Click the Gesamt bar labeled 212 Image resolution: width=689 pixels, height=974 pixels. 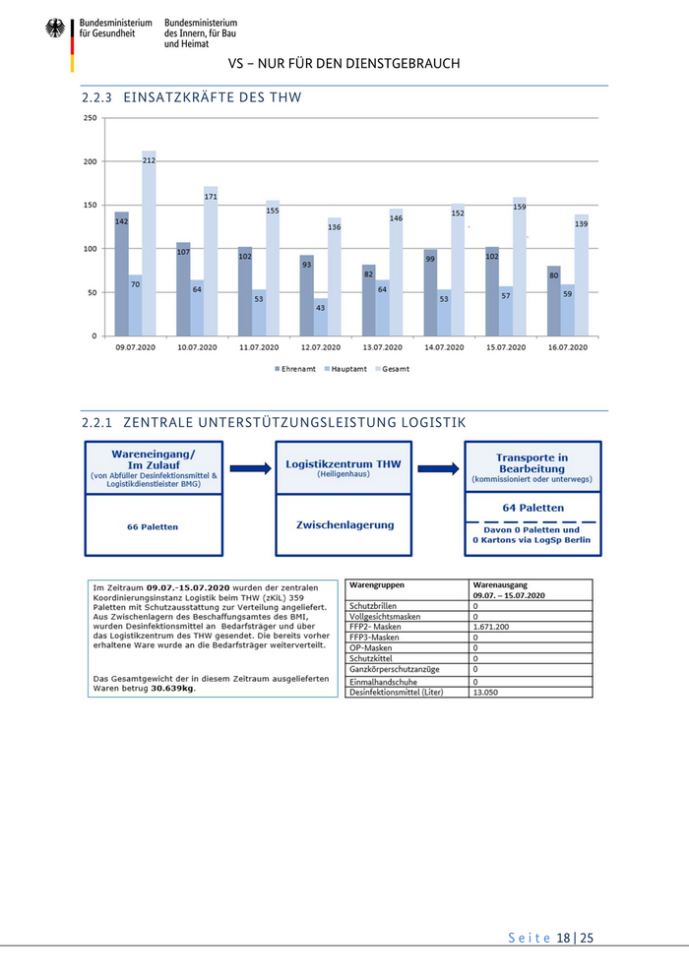pos(149,246)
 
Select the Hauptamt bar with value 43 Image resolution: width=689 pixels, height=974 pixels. pos(320,317)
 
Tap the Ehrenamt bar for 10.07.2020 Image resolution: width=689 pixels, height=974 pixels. pos(183,289)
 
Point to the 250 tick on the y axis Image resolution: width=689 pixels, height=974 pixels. pos(91,118)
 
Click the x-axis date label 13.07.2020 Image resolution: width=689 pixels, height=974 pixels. pos(382,348)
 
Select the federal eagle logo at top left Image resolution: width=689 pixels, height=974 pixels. pos(55,29)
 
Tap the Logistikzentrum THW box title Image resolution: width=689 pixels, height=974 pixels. pos(343,463)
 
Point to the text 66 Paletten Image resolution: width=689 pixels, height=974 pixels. pos(153,527)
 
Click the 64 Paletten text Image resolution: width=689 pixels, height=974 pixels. pos(532,508)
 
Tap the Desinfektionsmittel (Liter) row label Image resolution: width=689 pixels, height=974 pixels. pos(396,693)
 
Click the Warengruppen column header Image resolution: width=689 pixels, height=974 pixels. pos(377,584)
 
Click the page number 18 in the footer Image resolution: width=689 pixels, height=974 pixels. pos(564,938)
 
